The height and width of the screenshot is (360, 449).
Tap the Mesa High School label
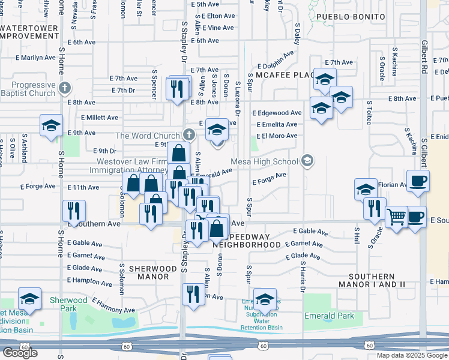click(x=265, y=161)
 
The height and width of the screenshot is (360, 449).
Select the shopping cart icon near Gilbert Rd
click(x=396, y=217)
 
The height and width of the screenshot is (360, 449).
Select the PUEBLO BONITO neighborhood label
click(x=350, y=17)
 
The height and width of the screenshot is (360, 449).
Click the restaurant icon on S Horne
click(x=74, y=210)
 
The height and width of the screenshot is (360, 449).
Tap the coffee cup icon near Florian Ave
click(x=418, y=179)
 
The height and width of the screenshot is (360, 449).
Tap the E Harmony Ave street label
click(x=113, y=305)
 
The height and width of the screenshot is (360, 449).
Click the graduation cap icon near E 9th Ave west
click(x=51, y=125)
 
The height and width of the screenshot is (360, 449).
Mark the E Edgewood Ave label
click(x=277, y=113)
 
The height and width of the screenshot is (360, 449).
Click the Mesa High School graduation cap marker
click(x=307, y=160)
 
